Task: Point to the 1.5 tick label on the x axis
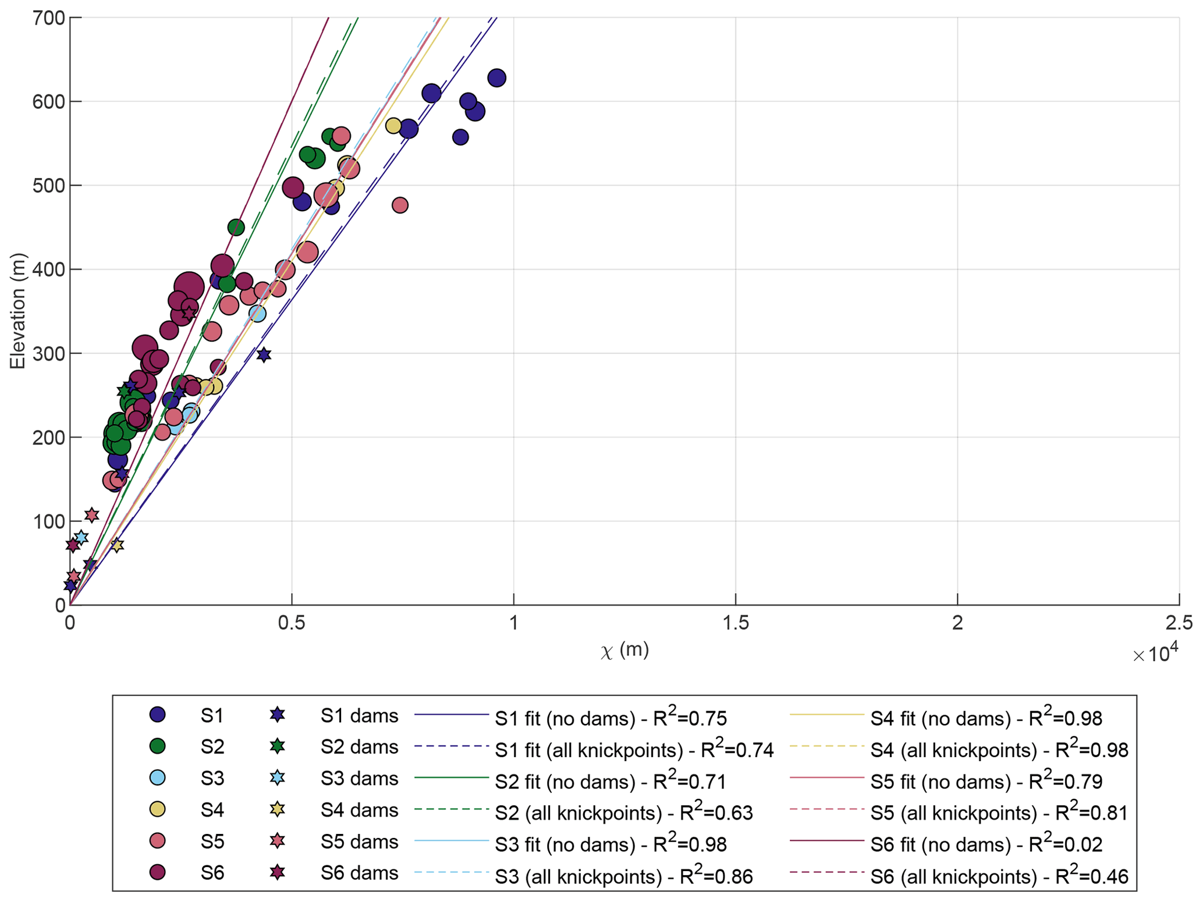pyautogui.click(x=735, y=623)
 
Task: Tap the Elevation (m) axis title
pyautogui.click(x=18, y=311)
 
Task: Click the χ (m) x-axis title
pyautogui.click(x=624, y=650)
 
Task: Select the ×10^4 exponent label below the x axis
pyautogui.click(x=1155, y=654)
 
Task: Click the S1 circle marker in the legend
pyautogui.click(x=158, y=715)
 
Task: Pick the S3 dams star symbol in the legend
pyautogui.click(x=278, y=777)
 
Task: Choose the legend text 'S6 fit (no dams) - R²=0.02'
pyautogui.click(x=986, y=844)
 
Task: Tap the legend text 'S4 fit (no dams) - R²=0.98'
pyautogui.click(x=986, y=718)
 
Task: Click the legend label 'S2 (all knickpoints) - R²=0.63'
pyautogui.click(x=624, y=813)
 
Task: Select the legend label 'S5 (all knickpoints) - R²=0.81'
pyautogui.click(x=999, y=813)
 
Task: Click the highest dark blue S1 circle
pyautogui.click(x=496, y=78)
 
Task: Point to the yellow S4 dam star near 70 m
pyautogui.click(x=117, y=545)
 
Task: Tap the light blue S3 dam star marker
pyautogui.click(x=81, y=537)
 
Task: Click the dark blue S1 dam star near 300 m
pyautogui.click(x=264, y=355)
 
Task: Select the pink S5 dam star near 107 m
pyautogui.click(x=91, y=515)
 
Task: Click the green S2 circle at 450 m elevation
pyautogui.click(x=236, y=227)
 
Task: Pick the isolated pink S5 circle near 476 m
pyautogui.click(x=400, y=205)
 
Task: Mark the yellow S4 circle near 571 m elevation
pyautogui.click(x=393, y=126)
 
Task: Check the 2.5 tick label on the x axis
pyautogui.click(x=1179, y=623)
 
